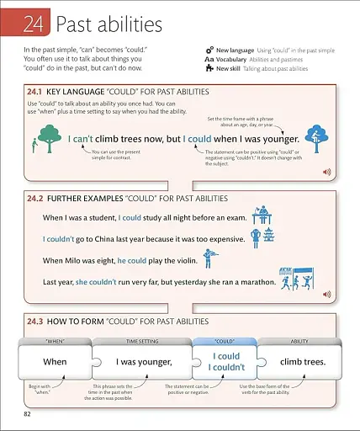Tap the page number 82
(27, 414)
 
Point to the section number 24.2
(34, 199)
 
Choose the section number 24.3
(34, 321)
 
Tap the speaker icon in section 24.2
(327, 295)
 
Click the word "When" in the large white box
(55, 361)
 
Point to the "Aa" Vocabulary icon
(208, 59)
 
